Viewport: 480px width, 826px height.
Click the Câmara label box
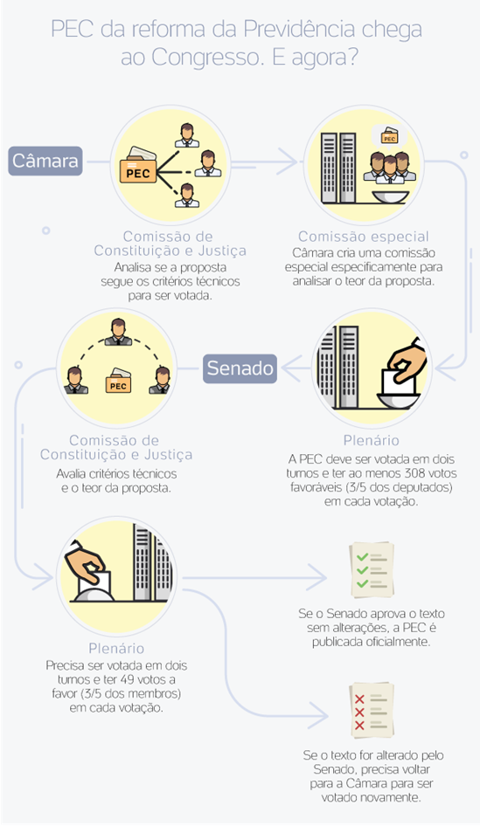click(45, 161)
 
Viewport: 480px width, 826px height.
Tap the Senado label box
click(240, 368)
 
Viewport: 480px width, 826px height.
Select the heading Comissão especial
click(364, 237)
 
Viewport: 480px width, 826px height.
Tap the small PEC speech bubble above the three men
click(389, 136)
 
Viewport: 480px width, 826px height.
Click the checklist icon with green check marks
click(372, 570)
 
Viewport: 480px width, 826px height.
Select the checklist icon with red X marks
click(372, 711)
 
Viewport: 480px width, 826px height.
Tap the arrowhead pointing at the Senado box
click(290, 368)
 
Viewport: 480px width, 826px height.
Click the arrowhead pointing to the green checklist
click(318, 578)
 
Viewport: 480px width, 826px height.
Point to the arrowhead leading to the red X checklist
click(318, 717)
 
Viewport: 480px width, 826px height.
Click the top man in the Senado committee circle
click(118, 332)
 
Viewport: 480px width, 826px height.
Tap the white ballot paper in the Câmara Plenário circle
click(395, 381)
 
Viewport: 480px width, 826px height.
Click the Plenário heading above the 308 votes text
click(372, 440)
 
